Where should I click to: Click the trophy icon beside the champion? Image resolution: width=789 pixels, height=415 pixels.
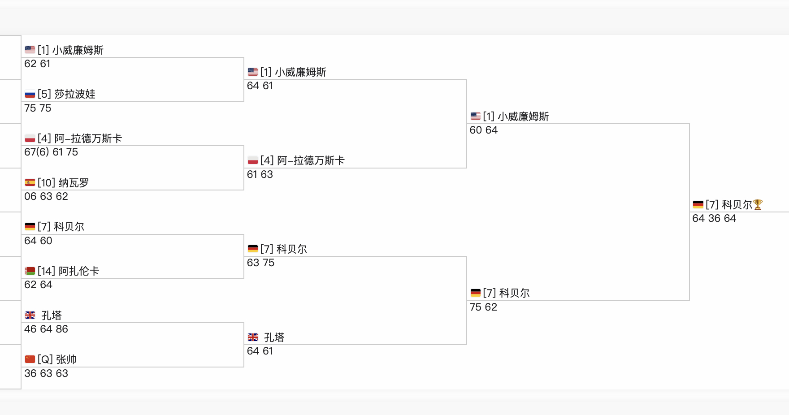coord(758,205)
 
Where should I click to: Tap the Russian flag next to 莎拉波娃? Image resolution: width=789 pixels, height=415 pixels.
coord(30,94)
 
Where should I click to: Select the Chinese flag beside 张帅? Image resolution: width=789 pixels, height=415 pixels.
coord(30,359)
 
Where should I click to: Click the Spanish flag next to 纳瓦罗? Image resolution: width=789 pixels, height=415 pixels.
coord(30,183)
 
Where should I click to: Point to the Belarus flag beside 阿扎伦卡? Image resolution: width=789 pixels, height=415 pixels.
coord(30,271)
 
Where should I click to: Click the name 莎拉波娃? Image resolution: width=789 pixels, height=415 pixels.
coord(75,94)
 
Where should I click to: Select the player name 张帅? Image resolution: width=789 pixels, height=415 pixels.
coord(66,359)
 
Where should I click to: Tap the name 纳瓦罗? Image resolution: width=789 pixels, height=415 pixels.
coord(74,183)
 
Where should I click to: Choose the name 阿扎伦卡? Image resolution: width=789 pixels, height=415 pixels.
coord(79,271)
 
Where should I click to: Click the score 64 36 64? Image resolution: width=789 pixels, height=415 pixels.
coord(714,219)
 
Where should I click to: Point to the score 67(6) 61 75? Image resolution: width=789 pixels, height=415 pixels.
coord(51,152)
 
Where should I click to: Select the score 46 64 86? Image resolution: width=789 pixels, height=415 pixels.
coord(46,329)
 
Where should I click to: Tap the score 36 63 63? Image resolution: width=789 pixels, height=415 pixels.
coord(46,374)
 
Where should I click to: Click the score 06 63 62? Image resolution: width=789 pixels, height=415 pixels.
coord(46,197)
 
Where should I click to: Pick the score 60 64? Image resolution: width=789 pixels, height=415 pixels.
coord(484,130)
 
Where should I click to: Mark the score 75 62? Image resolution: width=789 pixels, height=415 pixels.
coord(483,307)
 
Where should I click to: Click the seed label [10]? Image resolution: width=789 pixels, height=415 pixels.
coord(47,183)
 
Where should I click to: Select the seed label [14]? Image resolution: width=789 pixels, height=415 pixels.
coord(47,271)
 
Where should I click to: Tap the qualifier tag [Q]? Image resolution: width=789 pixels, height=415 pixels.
coord(45,359)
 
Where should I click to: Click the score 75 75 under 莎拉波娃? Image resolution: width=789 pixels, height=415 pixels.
coord(38,108)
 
